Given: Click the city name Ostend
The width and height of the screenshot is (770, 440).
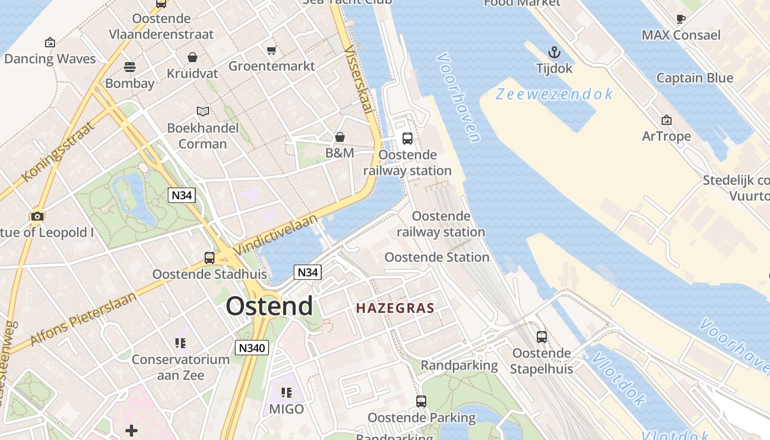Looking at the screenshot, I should coord(269,306).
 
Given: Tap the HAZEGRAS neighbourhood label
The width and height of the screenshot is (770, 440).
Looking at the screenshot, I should coord(395,308).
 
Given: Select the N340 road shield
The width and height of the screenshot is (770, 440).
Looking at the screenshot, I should coord(252,347).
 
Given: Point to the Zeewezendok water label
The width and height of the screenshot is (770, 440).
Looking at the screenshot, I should coord(554,95).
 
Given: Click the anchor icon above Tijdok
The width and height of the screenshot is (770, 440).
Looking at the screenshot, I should coord(554,53).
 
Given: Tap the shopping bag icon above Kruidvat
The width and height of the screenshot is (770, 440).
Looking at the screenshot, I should coord(193,57).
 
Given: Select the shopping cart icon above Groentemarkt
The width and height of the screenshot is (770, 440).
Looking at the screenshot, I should coord(271,51).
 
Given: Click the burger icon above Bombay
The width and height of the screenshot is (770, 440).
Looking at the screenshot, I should coord(130,67).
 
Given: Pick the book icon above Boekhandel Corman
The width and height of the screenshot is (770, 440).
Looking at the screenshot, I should coord(203,111).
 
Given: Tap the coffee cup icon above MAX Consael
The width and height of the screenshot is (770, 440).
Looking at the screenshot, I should coord(680,19).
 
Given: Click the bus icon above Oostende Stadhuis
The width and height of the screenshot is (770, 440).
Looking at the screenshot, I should coord(209,257).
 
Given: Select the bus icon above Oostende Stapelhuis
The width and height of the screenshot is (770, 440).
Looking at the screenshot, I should coord(542,337).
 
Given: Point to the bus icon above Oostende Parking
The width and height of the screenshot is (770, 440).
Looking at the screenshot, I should coord(421,401).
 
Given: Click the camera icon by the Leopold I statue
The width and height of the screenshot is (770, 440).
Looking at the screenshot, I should coord(37,216).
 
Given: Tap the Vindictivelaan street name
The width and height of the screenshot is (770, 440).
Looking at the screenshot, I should coord(276,234).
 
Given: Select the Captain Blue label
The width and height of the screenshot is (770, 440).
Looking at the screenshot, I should coord(695,78).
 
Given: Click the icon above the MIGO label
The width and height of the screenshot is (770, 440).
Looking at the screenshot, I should coord(287,392).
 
